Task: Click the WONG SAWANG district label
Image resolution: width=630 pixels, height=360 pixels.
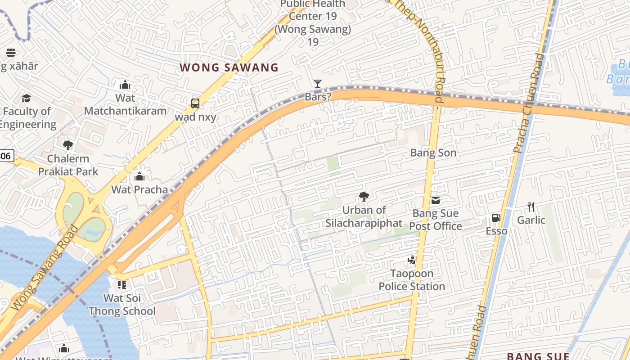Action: [229, 68]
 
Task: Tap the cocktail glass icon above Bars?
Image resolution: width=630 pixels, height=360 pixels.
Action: [318, 83]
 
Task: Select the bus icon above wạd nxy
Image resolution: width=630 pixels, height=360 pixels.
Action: [195, 103]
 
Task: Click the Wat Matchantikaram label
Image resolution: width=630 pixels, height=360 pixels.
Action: [125, 104]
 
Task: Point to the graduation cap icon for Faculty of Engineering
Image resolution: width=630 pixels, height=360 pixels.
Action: [27, 98]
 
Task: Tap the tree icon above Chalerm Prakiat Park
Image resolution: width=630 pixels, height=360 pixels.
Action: [68, 145]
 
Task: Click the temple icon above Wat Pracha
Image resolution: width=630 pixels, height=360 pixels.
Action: [139, 176]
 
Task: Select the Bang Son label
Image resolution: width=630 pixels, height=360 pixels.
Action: [433, 153]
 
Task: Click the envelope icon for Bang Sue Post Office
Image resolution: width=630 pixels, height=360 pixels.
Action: [435, 200]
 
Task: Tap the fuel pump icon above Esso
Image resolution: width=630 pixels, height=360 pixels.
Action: [496, 218]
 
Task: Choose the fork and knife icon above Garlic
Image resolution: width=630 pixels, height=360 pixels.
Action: [531, 207]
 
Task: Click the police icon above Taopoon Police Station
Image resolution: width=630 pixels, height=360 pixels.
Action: [411, 260]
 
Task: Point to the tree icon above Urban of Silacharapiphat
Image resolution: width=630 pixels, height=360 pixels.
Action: [364, 196]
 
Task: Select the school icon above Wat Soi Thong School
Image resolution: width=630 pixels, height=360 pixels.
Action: [122, 284]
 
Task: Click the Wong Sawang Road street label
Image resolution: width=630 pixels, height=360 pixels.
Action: [44, 269]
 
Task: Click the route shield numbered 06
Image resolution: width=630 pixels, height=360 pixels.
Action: [6, 156]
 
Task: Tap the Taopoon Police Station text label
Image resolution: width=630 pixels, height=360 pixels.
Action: [411, 280]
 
